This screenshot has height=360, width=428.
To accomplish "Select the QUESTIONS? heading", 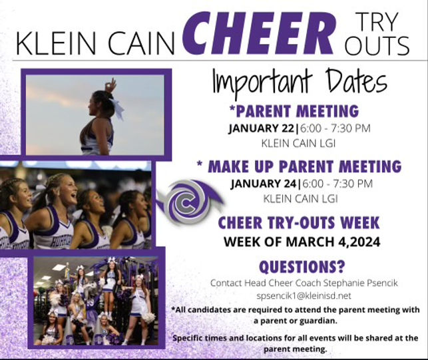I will pyautogui.click(x=302, y=267).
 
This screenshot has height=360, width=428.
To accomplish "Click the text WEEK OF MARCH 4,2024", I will pyautogui.click(x=302, y=241).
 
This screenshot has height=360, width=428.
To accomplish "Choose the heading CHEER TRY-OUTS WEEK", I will pyautogui.click(x=302, y=223).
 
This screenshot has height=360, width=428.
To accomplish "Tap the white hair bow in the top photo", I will pyautogui.click(x=117, y=108).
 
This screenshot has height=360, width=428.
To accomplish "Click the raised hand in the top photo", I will pyautogui.click(x=110, y=85).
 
